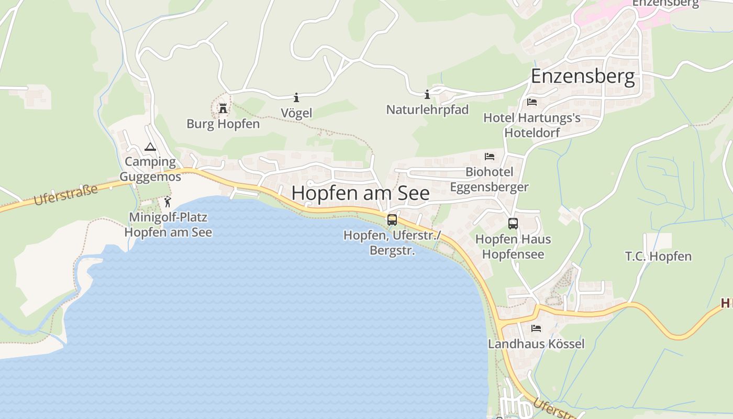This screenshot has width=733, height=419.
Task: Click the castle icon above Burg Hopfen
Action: pos(223,108)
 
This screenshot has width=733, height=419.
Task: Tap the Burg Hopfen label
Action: pos(223,124)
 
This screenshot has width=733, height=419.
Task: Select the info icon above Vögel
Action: pos(296,97)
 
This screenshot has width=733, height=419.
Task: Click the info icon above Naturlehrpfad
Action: pos(427,94)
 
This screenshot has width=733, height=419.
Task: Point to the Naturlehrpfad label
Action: pos(427,110)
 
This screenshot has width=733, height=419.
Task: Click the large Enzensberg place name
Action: pos(583,76)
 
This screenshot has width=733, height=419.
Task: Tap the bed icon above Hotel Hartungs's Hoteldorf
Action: pos(532,102)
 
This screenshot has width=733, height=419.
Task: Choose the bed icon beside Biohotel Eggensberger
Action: pos(490,156)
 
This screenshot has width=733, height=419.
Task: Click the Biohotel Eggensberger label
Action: pos(490,179)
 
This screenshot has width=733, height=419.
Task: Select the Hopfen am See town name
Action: pos(360,193)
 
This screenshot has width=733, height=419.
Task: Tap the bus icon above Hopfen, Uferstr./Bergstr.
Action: pos(392,220)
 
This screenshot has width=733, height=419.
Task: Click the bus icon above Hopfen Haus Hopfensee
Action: pos(513,224)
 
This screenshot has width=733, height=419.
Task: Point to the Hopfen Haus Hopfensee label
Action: pos(513,247)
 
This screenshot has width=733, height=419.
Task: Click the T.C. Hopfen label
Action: pos(658,257)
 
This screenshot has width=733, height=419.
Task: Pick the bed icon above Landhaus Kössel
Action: pos(536,328)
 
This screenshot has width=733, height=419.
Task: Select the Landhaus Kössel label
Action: pos(536,344)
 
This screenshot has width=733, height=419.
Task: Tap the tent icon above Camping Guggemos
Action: pos(150,147)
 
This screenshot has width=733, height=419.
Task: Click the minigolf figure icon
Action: pos(168,202)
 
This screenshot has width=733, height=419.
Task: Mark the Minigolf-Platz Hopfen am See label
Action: pos(168,225)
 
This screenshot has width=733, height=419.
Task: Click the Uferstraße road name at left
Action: pos(65,195)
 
